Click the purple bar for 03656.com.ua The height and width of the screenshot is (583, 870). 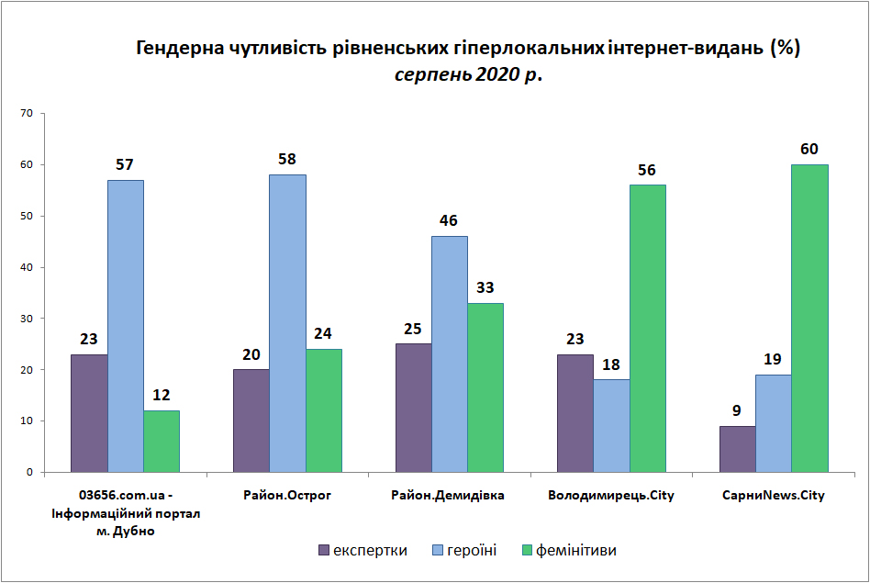pyautogui.click(x=89, y=414)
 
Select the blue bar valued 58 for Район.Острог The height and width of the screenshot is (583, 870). pyautogui.click(x=287, y=324)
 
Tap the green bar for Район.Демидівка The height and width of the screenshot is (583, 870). pyautogui.click(x=485, y=387)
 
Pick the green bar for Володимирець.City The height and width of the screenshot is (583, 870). pyautogui.click(x=648, y=329)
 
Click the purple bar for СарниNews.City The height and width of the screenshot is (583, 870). pyautogui.click(x=738, y=449)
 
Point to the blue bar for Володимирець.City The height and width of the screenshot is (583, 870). pyautogui.click(x=611, y=426)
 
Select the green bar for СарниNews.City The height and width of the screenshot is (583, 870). pyautogui.click(x=809, y=319)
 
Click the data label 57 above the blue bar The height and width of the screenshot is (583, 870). pyautogui.click(x=125, y=164)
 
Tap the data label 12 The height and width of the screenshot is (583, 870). pyautogui.click(x=161, y=395)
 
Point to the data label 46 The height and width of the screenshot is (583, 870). pyautogui.click(x=449, y=220)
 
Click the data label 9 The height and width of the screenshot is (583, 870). pyautogui.click(x=737, y=410)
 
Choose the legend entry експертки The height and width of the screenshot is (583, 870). pyautogui.click(x=362, y=550)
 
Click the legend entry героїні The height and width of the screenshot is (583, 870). pyautogui.click(x=464, y=550)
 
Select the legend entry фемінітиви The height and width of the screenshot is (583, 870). pyautogui.click(x=569, y=550)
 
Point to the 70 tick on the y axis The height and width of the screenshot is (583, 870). pyautogui.click(x=27, y=113)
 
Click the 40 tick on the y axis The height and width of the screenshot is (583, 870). pyautogui.click(x=27, y=267)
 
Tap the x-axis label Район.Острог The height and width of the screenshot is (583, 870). pyautogui.click(x=287, y=495)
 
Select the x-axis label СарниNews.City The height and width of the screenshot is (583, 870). pyautogui.click(x=774, y=495)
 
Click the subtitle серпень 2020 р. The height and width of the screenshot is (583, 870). pyautogui.click(x=468, y=74)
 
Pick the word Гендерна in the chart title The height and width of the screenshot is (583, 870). pyautogui.click(x=180, y=49)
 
